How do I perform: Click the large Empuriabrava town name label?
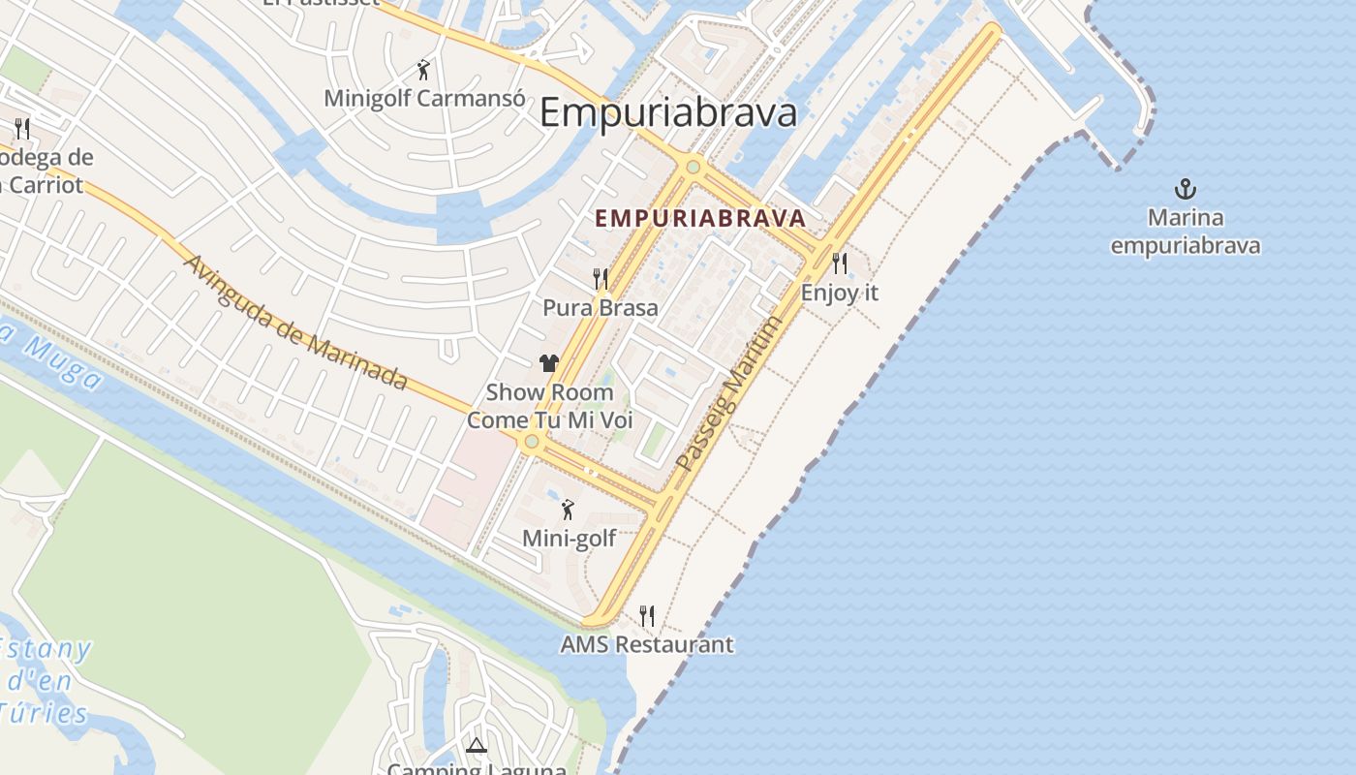668,113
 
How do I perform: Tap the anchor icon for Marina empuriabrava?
1185,189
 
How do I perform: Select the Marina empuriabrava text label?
1186,232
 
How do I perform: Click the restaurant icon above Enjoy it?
840,263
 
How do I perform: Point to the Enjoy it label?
840,292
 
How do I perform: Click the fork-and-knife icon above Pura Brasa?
601,279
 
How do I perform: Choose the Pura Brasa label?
601,308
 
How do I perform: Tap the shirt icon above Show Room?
549,363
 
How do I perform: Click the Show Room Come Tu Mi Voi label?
549,406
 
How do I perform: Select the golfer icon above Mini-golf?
569,509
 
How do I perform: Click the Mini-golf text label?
569,538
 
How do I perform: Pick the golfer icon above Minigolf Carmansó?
423,69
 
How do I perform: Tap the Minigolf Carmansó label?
424,98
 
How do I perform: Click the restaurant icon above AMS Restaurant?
647,615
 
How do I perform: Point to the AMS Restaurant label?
647,644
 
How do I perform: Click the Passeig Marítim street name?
728,394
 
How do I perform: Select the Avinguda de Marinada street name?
294,323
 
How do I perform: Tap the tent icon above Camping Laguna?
476,745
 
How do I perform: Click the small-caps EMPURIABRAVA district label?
700,218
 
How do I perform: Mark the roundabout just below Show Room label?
531,442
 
